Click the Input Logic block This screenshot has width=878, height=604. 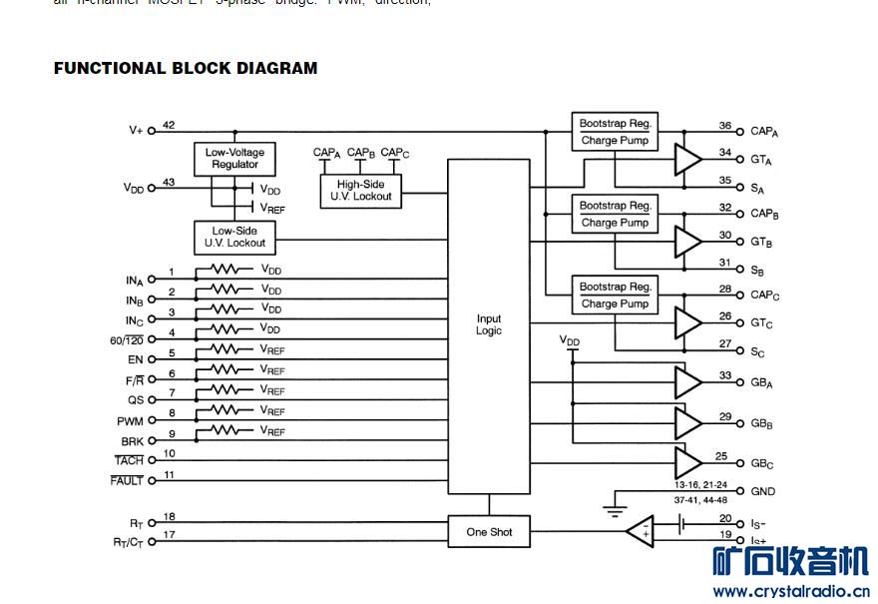(x=489, y=325)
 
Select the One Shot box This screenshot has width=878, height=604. (x=489, y=532)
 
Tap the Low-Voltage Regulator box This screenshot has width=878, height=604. (x=234, y=159)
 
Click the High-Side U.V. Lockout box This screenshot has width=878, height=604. (x=361, y=190)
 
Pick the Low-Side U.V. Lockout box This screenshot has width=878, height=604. (x=234, y=237)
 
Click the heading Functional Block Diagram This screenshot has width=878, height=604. (x=186, y=69)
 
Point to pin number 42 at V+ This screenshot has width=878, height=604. (x=169, y=125)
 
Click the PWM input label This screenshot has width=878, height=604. (x=131, y=421)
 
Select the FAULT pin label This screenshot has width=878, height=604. (x=127, y=481)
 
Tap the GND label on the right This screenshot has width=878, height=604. (x=762, y=491)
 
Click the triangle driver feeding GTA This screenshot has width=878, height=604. (x=687, y=159)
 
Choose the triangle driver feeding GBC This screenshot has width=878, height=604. (x=687, y=462)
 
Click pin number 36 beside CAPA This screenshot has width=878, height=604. (x=725, y=126)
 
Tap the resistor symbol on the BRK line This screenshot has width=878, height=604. (x=225, y=430)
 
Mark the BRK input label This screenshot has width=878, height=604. (x=132, y=441)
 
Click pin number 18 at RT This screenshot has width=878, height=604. (x=170, y=516)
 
